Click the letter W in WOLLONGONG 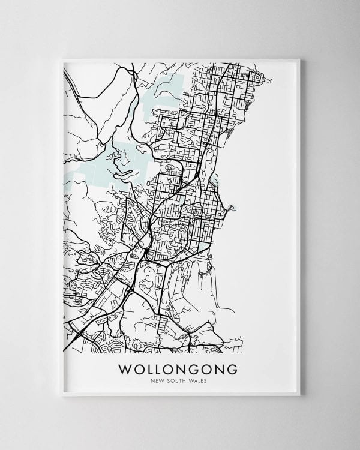(x=126, y=368)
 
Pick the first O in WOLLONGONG (x=139, y=368)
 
